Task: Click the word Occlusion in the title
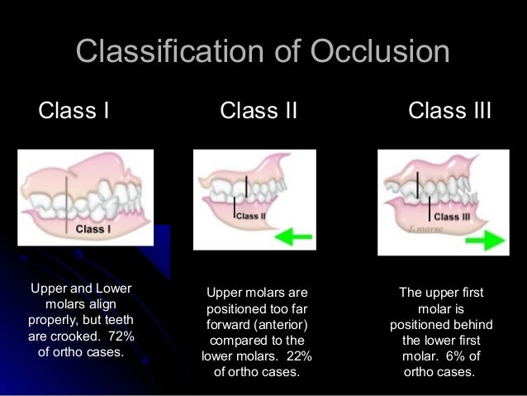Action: tap(380, 51)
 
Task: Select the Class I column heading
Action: tap(74, 109)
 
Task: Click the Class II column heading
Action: tap(259, 109)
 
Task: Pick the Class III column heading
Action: tap(449, 109)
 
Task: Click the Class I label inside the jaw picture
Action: tap(91, 229)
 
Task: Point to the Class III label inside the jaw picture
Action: tap(451, 217)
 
